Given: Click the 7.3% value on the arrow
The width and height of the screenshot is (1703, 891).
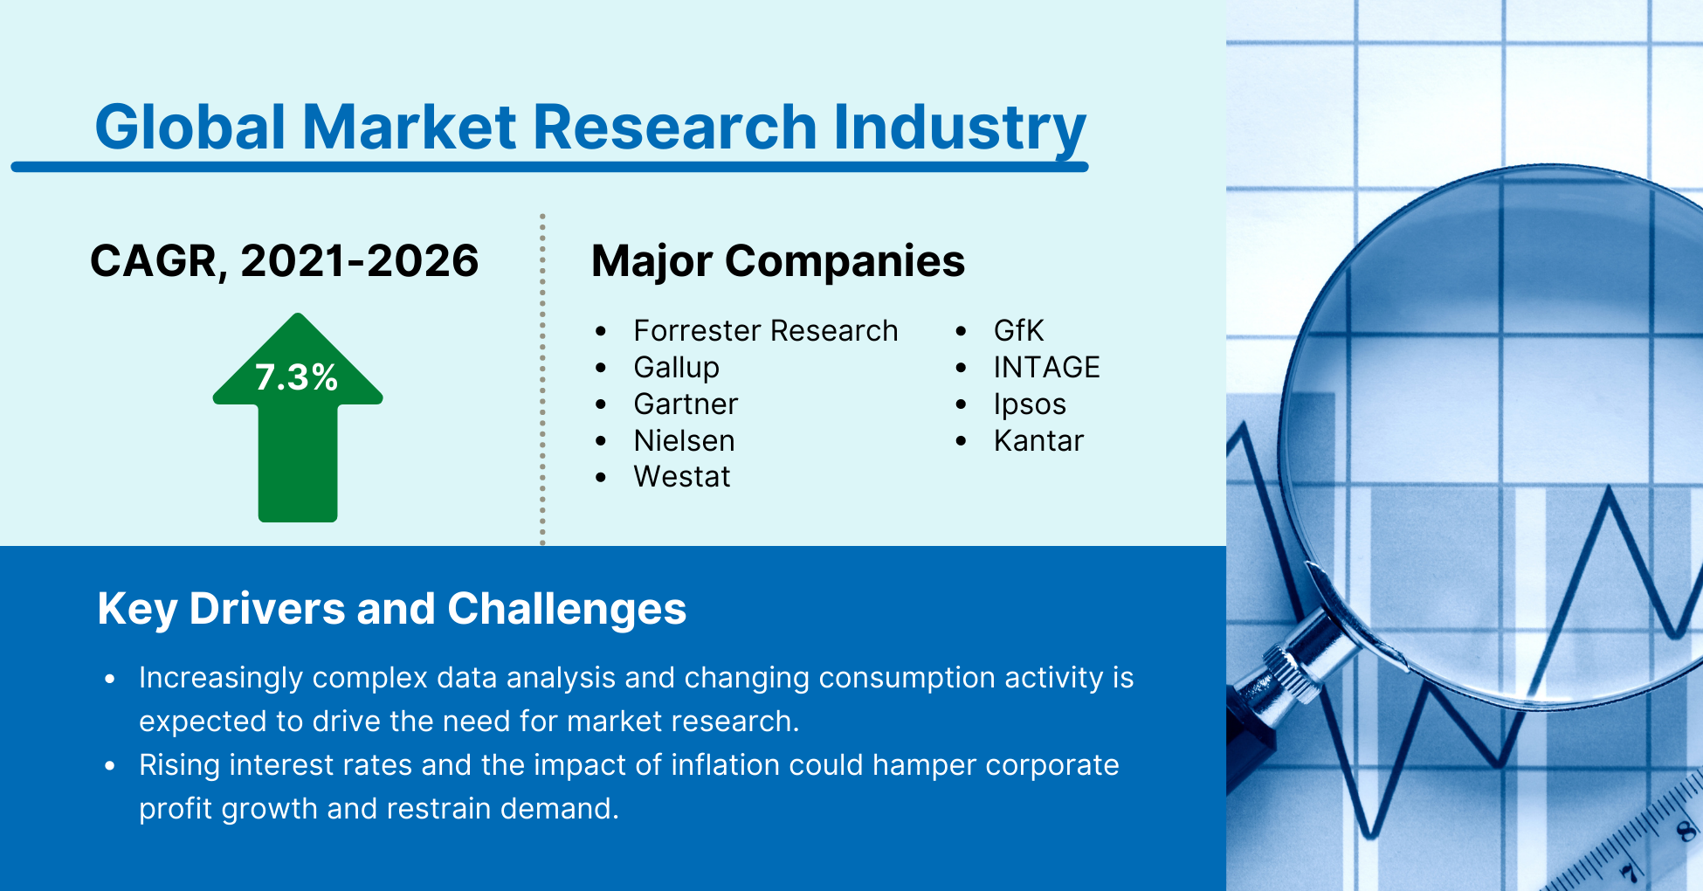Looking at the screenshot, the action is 297,377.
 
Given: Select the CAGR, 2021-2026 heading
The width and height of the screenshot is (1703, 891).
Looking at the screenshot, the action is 285,261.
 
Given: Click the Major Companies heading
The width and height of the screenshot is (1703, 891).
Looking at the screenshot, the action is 777,261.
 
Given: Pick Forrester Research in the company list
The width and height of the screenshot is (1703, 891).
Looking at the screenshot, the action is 765,331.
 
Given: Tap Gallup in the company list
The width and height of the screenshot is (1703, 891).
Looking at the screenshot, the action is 676,368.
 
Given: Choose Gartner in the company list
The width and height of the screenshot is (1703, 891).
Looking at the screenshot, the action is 686,404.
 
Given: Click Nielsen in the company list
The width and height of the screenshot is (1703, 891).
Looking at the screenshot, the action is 684,441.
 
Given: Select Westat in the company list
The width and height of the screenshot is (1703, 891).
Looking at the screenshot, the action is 681,477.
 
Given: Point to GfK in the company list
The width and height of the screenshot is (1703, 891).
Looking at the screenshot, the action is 1018,331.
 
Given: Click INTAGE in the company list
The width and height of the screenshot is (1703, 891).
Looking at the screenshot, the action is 1046,368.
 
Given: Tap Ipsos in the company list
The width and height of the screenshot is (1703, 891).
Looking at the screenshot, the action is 1030,404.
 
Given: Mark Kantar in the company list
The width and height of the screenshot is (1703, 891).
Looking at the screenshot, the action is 1038,441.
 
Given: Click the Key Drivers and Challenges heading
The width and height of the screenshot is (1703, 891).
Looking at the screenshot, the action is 391,609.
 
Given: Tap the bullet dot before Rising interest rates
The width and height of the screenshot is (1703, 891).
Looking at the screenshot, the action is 110,766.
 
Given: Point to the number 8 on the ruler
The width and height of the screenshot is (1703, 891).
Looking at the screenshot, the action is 1684,830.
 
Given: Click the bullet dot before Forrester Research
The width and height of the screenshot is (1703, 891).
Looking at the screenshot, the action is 601,332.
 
